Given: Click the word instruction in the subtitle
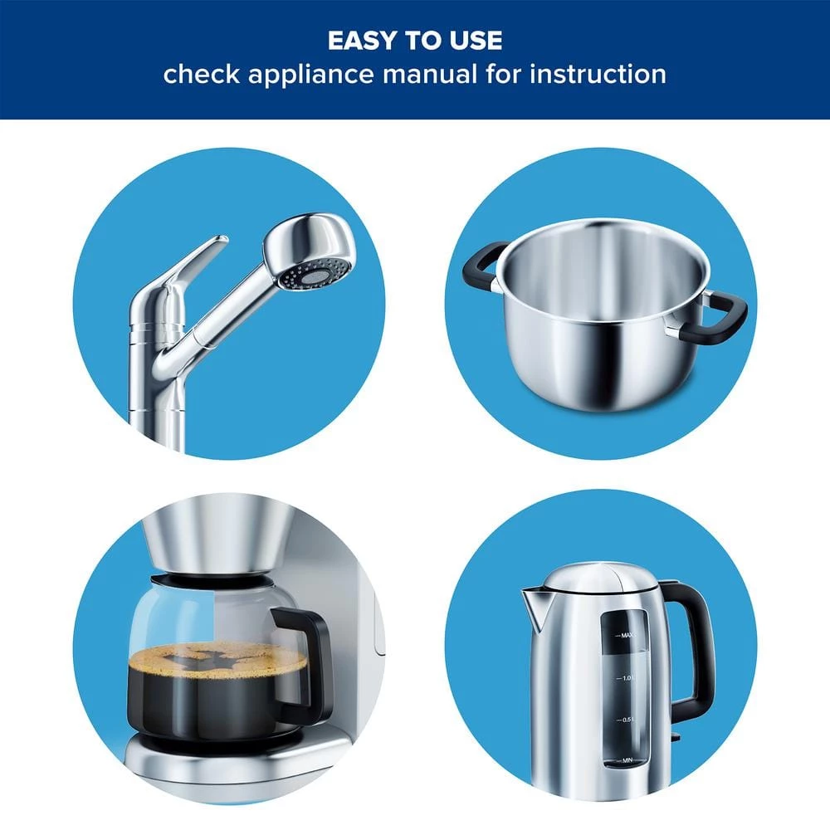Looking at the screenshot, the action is coord(598,74).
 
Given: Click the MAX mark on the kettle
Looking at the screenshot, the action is coord(627,635).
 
